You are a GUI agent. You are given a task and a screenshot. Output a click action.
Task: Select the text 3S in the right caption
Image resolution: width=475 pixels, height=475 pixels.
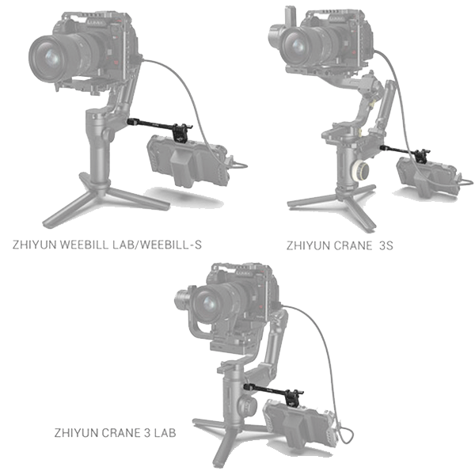pyautogui.click(x=386, y=245)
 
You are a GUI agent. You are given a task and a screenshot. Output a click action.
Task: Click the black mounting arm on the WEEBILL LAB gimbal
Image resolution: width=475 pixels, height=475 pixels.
pyautogui.click(x=154, y=125)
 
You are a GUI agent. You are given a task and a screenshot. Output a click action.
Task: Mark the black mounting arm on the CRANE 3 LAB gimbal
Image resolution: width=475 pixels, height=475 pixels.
pyautogui.click(x=270, y=388)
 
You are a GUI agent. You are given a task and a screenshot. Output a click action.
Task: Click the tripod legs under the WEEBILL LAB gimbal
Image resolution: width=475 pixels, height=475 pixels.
pyautogui.click(x=103, y=198)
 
